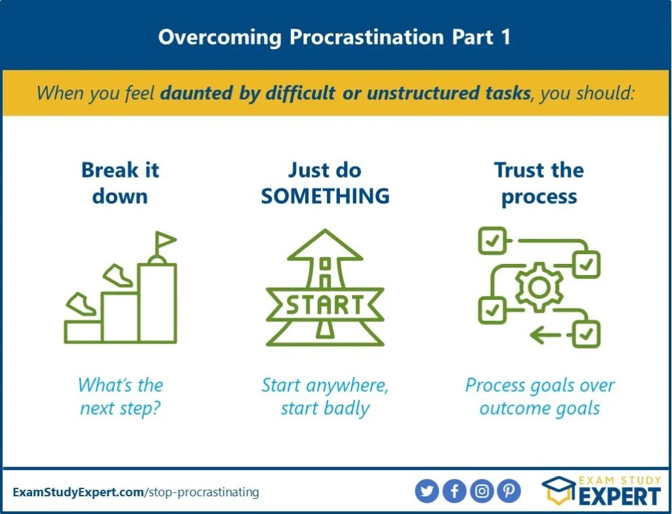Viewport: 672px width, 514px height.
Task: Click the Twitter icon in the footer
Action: pos(427,491)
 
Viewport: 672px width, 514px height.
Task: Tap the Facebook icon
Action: pos(454,491)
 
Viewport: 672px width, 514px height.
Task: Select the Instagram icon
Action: pos(482,491)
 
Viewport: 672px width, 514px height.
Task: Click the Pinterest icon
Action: pos(509,491)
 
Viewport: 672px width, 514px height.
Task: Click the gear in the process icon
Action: pos(539,288)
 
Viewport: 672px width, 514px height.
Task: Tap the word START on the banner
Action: pos(325,305)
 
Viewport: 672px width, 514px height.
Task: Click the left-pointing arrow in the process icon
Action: pos(545,334)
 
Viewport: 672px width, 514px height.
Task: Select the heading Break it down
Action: pos(121,183)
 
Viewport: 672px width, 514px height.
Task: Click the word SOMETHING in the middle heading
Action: pos(325,196)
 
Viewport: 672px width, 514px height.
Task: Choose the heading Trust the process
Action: pos(539,184)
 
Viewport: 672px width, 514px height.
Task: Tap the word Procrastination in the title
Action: pos(367,37)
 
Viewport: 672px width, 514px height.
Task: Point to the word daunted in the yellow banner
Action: pos(196,93)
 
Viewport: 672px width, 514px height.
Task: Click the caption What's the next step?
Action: pos(121,396)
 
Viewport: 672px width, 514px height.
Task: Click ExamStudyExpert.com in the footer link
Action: pos(79,492)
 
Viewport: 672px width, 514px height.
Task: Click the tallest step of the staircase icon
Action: pos(157,303)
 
